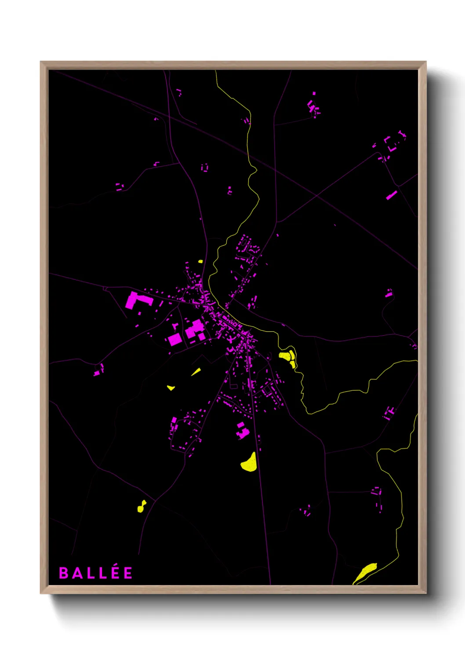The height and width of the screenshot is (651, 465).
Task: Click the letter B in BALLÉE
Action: pos(63,573)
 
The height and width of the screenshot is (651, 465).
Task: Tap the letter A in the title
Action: pos(76,573)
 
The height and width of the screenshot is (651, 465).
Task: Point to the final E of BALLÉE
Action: pos(128,573)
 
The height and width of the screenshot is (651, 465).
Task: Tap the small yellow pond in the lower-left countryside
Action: pos(141,507)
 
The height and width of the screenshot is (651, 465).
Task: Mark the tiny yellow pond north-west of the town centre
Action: pos(200,262)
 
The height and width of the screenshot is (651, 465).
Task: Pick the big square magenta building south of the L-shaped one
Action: pos(174,340)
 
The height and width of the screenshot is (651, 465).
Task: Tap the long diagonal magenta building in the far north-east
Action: pos(392,195)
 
